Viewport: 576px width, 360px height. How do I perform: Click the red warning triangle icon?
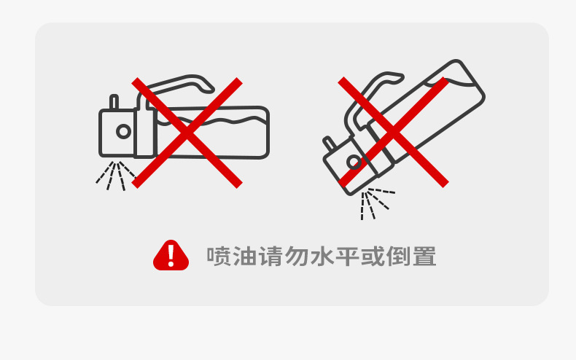[x=171, y=255]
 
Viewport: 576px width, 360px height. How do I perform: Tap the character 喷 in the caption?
[x=219, y=256]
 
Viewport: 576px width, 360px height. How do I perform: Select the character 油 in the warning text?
[x=245, y=256]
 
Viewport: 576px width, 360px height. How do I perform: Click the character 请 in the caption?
[x=271, y=256]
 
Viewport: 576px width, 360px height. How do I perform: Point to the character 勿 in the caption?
[x=297, y=256]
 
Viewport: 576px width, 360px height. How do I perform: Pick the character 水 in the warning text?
[x=322, y=256]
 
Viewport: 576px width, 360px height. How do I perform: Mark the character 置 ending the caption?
[x=425, y=256]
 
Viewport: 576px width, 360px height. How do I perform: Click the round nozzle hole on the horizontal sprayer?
[x=123, y=131]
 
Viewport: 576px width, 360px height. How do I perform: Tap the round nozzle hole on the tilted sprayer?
[x=354, y=162]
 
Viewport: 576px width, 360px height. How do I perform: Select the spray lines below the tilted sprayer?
[x=375, y=203]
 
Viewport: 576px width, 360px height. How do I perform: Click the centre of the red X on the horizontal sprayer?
[x=187, y=133]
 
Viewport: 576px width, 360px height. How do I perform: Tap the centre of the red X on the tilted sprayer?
[x=393, y=132]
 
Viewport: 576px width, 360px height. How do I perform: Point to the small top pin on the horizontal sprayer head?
[x=114, y=102]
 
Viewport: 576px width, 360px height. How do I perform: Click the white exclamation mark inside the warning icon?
[x=171, y=254]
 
